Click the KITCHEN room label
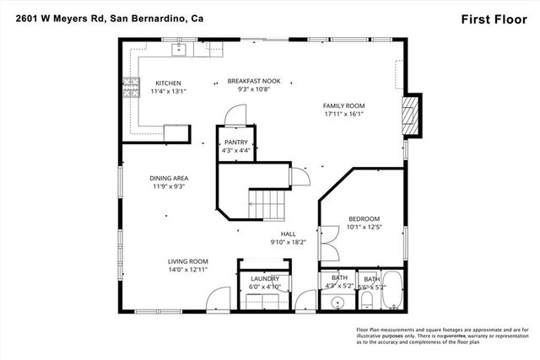[x=166, y=83]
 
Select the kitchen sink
[x=179, y=51]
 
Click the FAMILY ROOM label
[x=343, y=105]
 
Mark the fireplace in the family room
[x=410, y=113]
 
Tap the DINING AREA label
[x=168, y=178]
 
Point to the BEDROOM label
[x=364, y=218]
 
